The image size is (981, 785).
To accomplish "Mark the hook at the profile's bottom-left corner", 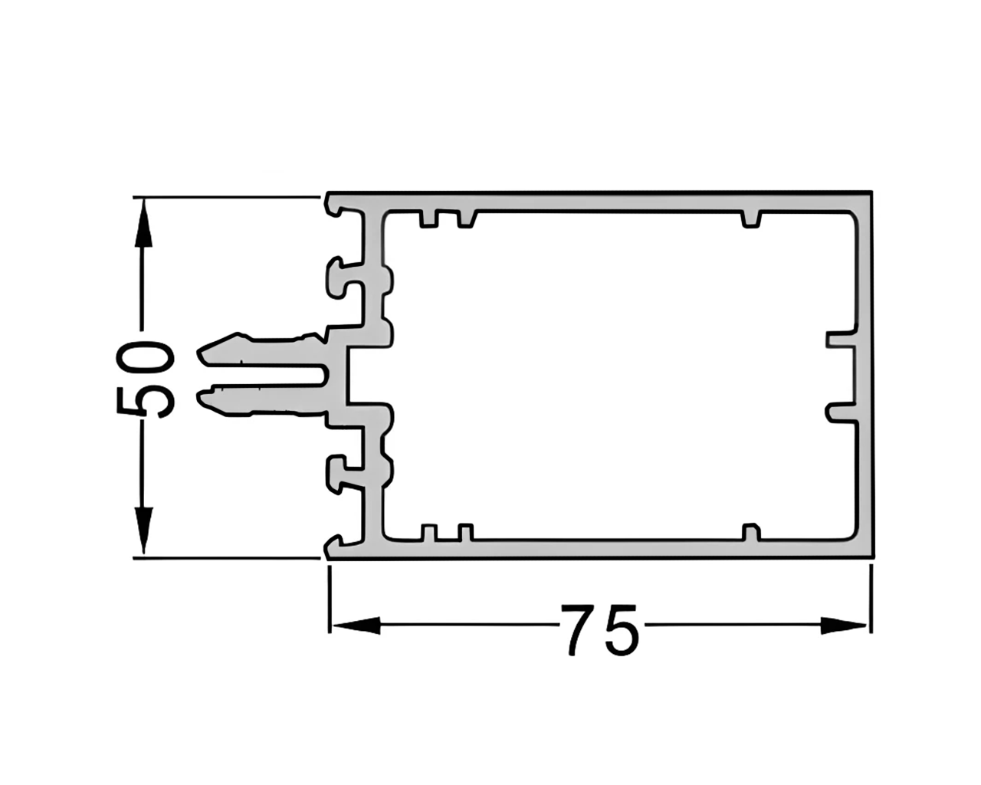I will point(334,545).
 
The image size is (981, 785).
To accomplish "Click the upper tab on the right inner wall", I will point(839,338).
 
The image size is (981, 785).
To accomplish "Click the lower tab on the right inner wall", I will point(839,412).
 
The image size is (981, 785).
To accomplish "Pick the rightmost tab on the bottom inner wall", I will point(752,534).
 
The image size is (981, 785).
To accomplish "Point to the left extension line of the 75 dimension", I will point(330,598).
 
